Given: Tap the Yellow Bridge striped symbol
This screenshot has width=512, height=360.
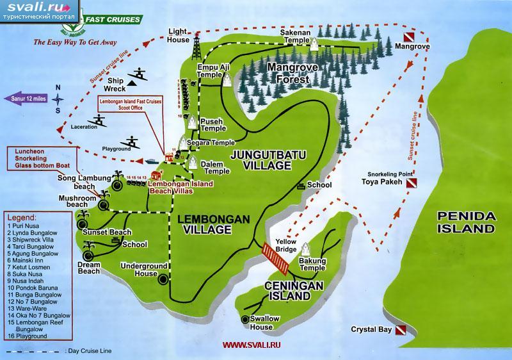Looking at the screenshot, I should tap(275, 256).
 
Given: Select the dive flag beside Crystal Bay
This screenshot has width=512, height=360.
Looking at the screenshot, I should tap(400, 331).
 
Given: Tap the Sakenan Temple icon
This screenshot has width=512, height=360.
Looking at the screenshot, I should tap(314, 44).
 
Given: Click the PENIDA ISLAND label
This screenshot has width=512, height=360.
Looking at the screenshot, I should tap(467, 221).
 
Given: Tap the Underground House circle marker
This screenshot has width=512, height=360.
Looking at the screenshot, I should tap(163, 279).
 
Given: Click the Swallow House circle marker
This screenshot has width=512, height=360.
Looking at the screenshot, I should tap(245, 319).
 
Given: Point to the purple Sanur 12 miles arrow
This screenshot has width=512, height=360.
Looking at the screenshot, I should tap(26, 98).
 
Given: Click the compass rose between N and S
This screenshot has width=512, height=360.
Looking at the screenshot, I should tap(59, 99).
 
